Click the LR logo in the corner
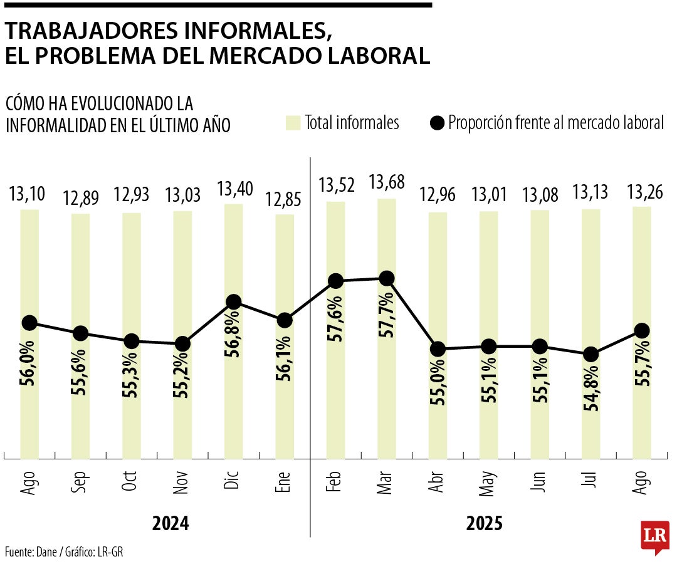click(654, 537)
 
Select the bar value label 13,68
click(387, 183)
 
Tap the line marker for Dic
click(233, 302)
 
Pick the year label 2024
click(170, 524)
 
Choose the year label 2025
click(484, 524)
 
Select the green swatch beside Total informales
click(292, 123)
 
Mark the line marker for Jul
click(590, 355)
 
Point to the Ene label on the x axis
click(284, 482)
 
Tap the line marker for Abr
click(438, 349)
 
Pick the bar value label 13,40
click(234, 188)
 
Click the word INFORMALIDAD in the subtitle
click(58, 125)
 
